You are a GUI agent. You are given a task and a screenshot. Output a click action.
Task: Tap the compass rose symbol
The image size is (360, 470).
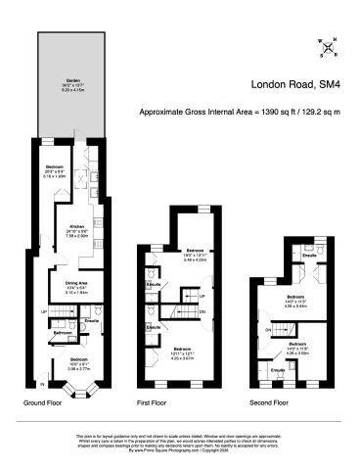(x=330, y=46)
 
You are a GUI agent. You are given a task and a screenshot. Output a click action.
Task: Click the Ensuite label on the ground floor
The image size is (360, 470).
(x=91, y=320)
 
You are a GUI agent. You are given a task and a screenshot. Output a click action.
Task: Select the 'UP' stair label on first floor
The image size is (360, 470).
(x=201, y=295)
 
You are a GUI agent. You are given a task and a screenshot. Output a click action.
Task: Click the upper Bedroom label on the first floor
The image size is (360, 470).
(x=195, y=251)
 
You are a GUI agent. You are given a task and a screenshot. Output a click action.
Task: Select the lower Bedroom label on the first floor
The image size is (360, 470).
(x=183, y=349)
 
